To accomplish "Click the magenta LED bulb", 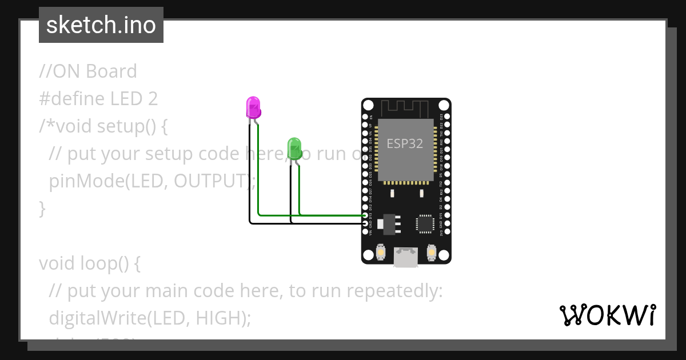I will (253, 107).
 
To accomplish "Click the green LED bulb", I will (294, 148).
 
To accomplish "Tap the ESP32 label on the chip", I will (405, 143).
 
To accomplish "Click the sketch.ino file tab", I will (101, 25).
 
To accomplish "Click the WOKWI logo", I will (607, 315).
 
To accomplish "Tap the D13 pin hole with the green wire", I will (366, 215).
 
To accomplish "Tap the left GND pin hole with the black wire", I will (366, 224).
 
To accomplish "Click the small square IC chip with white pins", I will (425, 223).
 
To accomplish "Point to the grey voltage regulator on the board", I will (390, 223).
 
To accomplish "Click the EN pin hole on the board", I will (366, 116).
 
